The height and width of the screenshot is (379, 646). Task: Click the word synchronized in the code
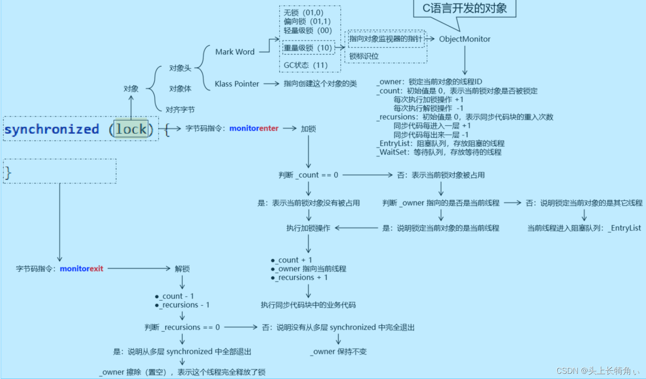point(52,129)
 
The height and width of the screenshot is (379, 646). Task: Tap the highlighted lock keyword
point(131,129)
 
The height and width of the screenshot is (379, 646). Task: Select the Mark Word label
point(235,52)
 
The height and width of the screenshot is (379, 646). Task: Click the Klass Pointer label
point(237,84)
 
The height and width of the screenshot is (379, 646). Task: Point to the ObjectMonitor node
point(464,39)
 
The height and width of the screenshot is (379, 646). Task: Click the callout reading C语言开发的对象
point(464,8)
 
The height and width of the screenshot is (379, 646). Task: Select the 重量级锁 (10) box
point(308,48)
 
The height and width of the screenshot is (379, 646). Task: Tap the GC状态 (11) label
point(305,65)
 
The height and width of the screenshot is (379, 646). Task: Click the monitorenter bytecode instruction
point(254,129)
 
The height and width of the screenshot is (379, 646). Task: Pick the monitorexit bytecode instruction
point(81,268)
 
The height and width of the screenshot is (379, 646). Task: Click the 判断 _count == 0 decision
point(308,175)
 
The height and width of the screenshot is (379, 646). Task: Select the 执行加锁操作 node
point(308,228)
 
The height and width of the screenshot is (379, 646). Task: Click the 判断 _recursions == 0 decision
point(182,327)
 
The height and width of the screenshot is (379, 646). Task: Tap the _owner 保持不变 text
point(339,351)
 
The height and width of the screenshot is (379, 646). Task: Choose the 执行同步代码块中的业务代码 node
point(308,305)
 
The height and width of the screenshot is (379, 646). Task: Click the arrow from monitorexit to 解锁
point(139,268)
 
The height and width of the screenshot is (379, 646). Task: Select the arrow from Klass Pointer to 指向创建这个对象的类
point(271,83)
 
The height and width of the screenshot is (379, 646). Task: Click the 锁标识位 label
point(364,56)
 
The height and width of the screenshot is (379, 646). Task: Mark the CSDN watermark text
point(597,371)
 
